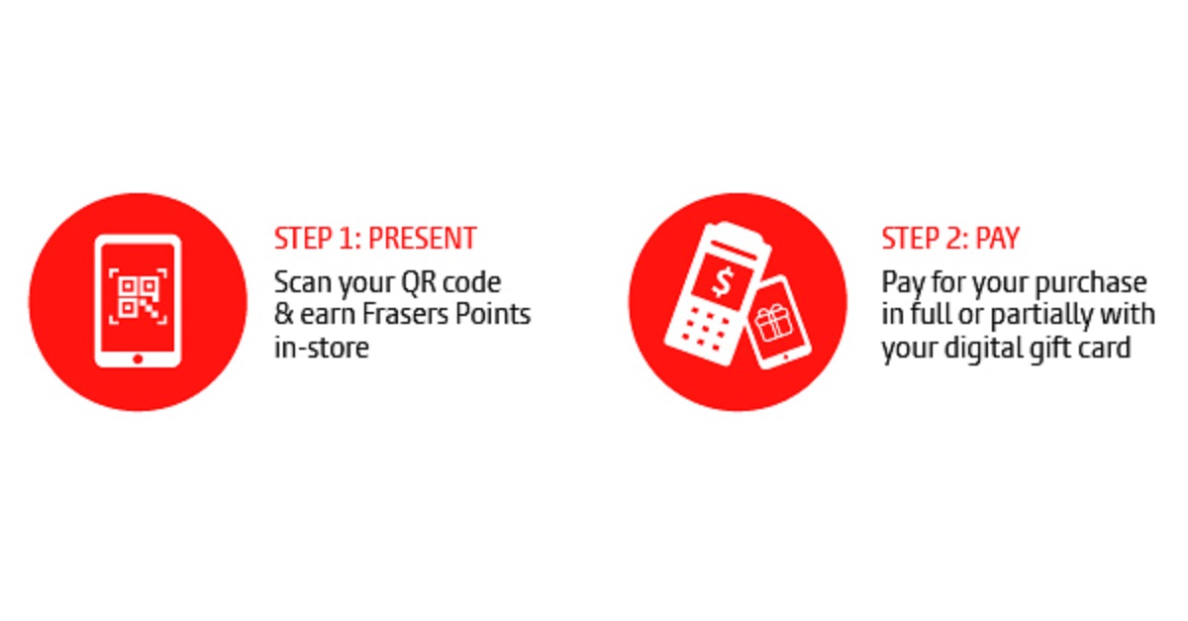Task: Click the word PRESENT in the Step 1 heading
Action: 423,239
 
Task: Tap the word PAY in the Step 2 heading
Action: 998,239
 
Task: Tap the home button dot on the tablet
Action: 138,359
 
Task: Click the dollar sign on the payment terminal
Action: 723,282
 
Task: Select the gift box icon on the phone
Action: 774,323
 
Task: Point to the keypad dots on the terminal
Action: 704,329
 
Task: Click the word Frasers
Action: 406,314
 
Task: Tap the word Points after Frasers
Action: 493,314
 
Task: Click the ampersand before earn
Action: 284,314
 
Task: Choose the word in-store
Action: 322,348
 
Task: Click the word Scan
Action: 303,282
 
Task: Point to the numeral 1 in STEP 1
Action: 346,239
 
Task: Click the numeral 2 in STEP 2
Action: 953,239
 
